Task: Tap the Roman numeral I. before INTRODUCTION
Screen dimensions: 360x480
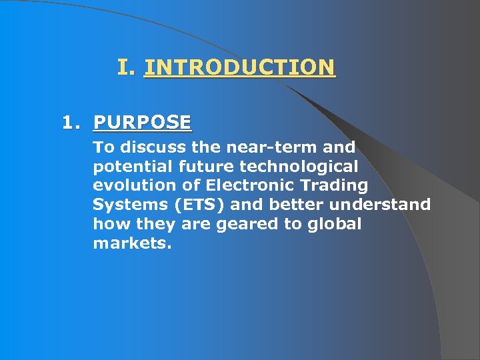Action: point(127,67)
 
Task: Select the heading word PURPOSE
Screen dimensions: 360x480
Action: point(142,123)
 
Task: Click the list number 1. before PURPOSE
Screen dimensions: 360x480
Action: point(71,123)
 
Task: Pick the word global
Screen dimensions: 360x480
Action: point(334,224)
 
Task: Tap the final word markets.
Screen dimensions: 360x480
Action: point(132,243)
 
